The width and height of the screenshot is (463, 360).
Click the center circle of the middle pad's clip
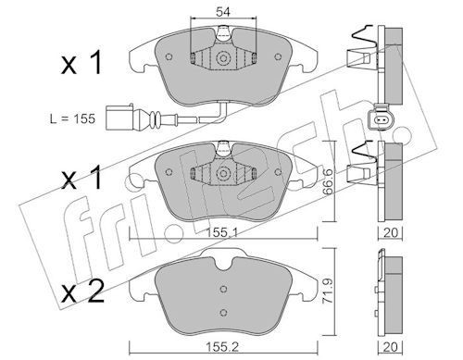pyautogui.click(x=222, y=172)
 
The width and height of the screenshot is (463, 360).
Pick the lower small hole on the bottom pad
pyautogui.click(x=222, y=312)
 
